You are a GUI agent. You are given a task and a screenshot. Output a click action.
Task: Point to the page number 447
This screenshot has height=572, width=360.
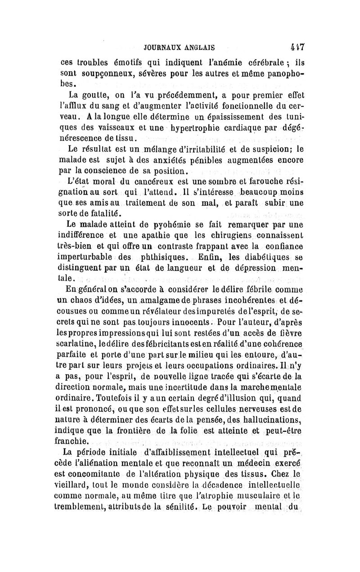[x=297, y=46]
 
